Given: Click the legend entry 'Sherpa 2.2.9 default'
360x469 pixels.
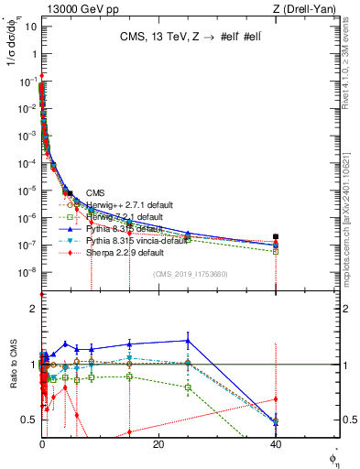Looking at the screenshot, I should click(x=124, y=252).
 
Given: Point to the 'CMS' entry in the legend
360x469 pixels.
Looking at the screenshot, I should click(x=94, y=192).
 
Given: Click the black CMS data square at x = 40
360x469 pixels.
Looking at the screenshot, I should click(x=276, y=236).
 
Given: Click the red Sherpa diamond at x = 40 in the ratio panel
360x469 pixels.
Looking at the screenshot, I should click(x=276, y=398).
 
